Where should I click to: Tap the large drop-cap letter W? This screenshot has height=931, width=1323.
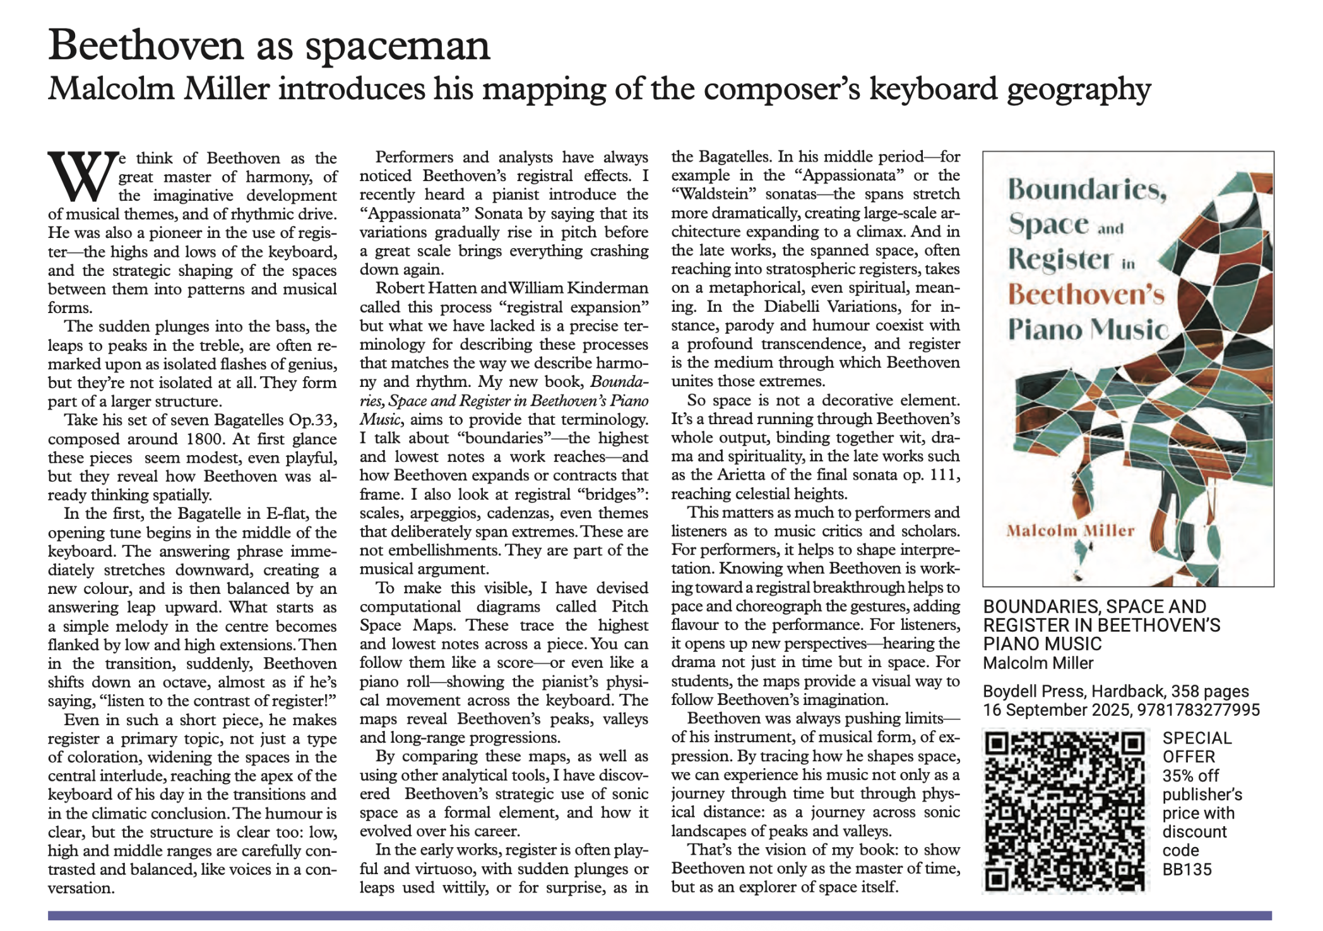point(83,175)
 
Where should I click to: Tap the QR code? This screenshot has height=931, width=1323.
point(1065,810)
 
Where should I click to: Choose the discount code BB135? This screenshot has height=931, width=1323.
point(1187,870)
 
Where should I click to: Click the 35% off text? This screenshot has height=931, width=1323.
point(1190,776)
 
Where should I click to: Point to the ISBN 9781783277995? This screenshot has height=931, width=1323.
point(1198,710)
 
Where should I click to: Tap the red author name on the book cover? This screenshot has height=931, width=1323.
point(1070,531)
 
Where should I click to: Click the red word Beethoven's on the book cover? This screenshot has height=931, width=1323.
point(1086,294)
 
